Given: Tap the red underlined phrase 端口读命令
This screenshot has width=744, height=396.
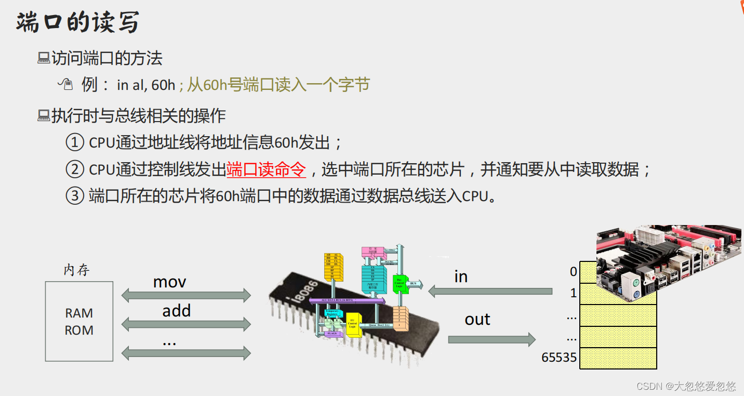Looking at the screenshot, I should point(266,169).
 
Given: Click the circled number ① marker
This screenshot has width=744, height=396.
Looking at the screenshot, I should point(75,142).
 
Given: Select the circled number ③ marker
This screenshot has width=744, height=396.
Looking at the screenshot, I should point(75,196).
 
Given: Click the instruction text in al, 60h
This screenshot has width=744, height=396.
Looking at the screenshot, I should point(146,85).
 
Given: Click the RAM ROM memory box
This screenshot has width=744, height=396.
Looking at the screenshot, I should point(79,321).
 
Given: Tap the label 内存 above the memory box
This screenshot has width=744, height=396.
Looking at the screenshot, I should point(77,270).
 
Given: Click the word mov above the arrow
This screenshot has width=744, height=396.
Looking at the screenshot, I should point(169,282).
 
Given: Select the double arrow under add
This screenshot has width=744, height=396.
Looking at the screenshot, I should point(186,325).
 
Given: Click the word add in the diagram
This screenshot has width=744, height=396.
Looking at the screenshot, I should point(176,311).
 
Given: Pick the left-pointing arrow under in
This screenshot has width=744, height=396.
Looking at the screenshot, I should point(490,292).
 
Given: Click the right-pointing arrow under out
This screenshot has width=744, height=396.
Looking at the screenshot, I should point(491,340).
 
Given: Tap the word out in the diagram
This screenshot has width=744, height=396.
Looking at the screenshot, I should point(477,319).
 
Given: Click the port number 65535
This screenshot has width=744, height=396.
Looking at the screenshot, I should point(559,358).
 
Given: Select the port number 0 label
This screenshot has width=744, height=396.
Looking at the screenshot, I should point(573,271).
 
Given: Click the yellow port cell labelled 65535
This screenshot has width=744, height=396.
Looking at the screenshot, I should point(618,358).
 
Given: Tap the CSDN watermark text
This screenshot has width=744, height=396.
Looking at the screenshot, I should point(686,386).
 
